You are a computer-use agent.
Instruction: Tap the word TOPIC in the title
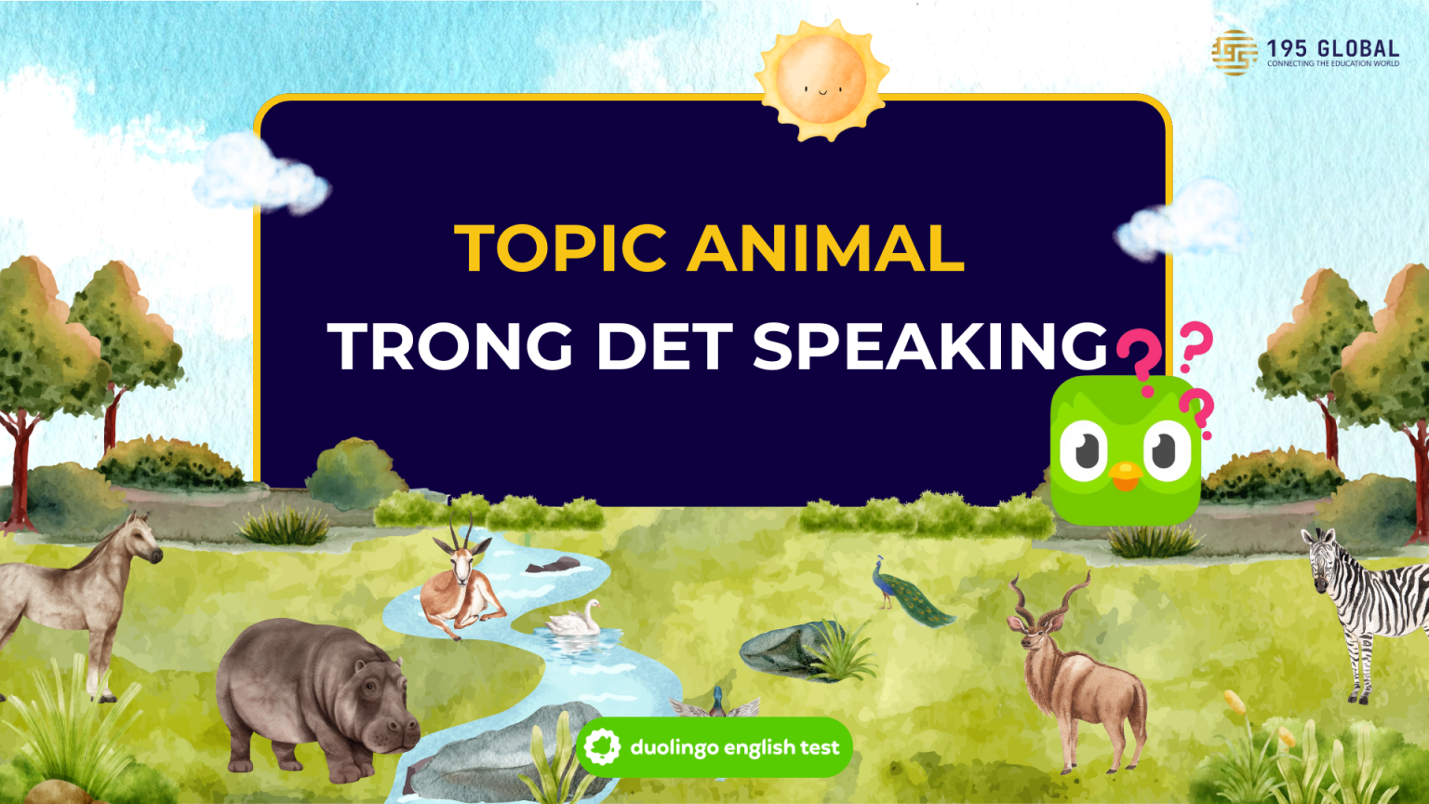click(561, 248)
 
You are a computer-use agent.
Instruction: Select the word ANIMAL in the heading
click(825, 248)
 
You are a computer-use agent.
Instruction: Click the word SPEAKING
click(930, 346)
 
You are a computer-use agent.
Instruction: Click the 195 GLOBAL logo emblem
click(1235, 52)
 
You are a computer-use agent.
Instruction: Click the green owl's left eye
click(1082, 450)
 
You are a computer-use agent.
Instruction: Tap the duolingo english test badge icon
click(602, 746)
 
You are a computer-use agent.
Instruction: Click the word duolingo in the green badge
click(674, 747)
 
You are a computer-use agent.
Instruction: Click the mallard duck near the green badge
click(715, 704)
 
